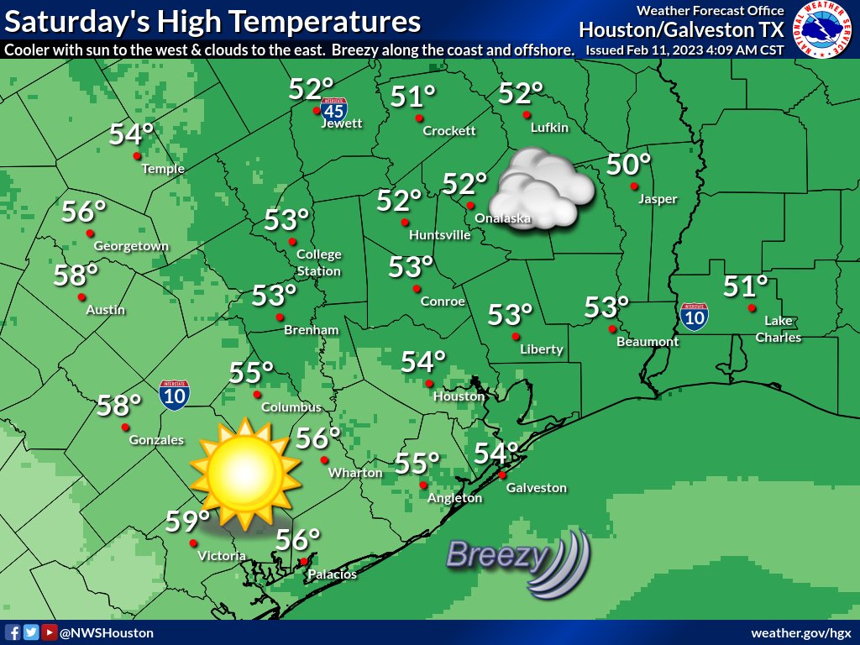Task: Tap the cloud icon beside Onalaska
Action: coord(542,189)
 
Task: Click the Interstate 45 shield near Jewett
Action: coord(333,109)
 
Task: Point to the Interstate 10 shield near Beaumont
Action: coord(694,316)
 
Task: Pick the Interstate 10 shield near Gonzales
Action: coord(175,394)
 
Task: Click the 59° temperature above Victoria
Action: coord(186,522)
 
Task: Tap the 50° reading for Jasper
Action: coord(629,165)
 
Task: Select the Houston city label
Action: coord(459,396)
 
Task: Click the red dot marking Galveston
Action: coord(502,475)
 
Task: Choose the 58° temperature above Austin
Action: coord(76,275)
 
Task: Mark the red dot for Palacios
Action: coord(303,562)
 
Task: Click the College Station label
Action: coord(319,262)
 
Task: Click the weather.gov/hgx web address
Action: coord(801,632)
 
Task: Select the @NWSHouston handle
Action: coord(106,632)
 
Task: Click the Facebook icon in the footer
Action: coord(13,632)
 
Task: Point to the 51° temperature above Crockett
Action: coord(413,98)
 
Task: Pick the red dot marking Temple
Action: coord(136,155)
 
